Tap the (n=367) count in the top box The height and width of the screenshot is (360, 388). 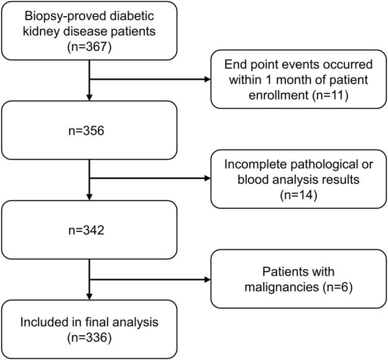(90, 46)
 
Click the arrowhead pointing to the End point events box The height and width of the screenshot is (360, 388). (206, 78)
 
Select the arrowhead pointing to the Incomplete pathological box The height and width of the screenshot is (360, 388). (206, 178)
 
